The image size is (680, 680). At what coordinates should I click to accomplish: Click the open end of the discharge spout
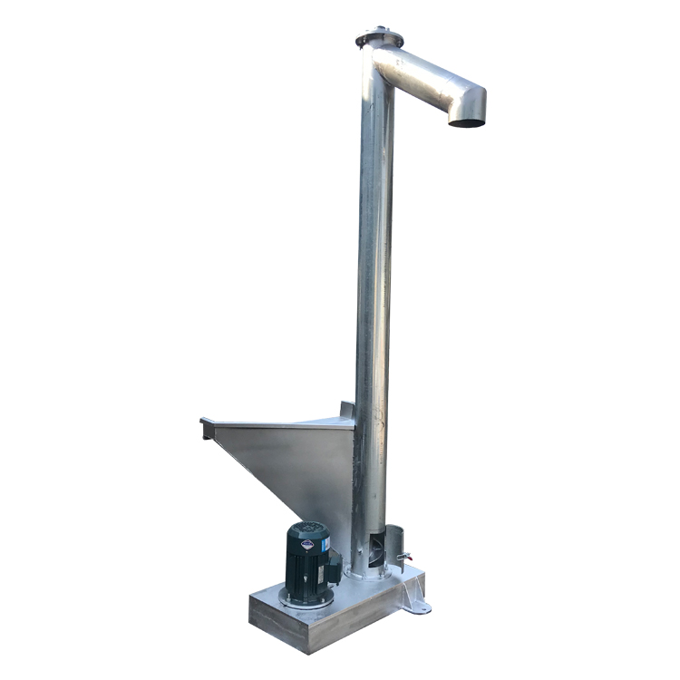tap(467, 121)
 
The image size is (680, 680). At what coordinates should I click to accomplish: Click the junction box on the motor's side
tap(333, 569)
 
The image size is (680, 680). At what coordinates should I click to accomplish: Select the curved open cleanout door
tap(400, 545)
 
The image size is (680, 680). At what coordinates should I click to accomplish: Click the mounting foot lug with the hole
tap(416, 605)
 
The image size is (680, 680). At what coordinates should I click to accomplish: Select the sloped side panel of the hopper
tap(290, 471)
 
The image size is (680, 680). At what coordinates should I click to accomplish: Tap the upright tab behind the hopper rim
tap(347, 410)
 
